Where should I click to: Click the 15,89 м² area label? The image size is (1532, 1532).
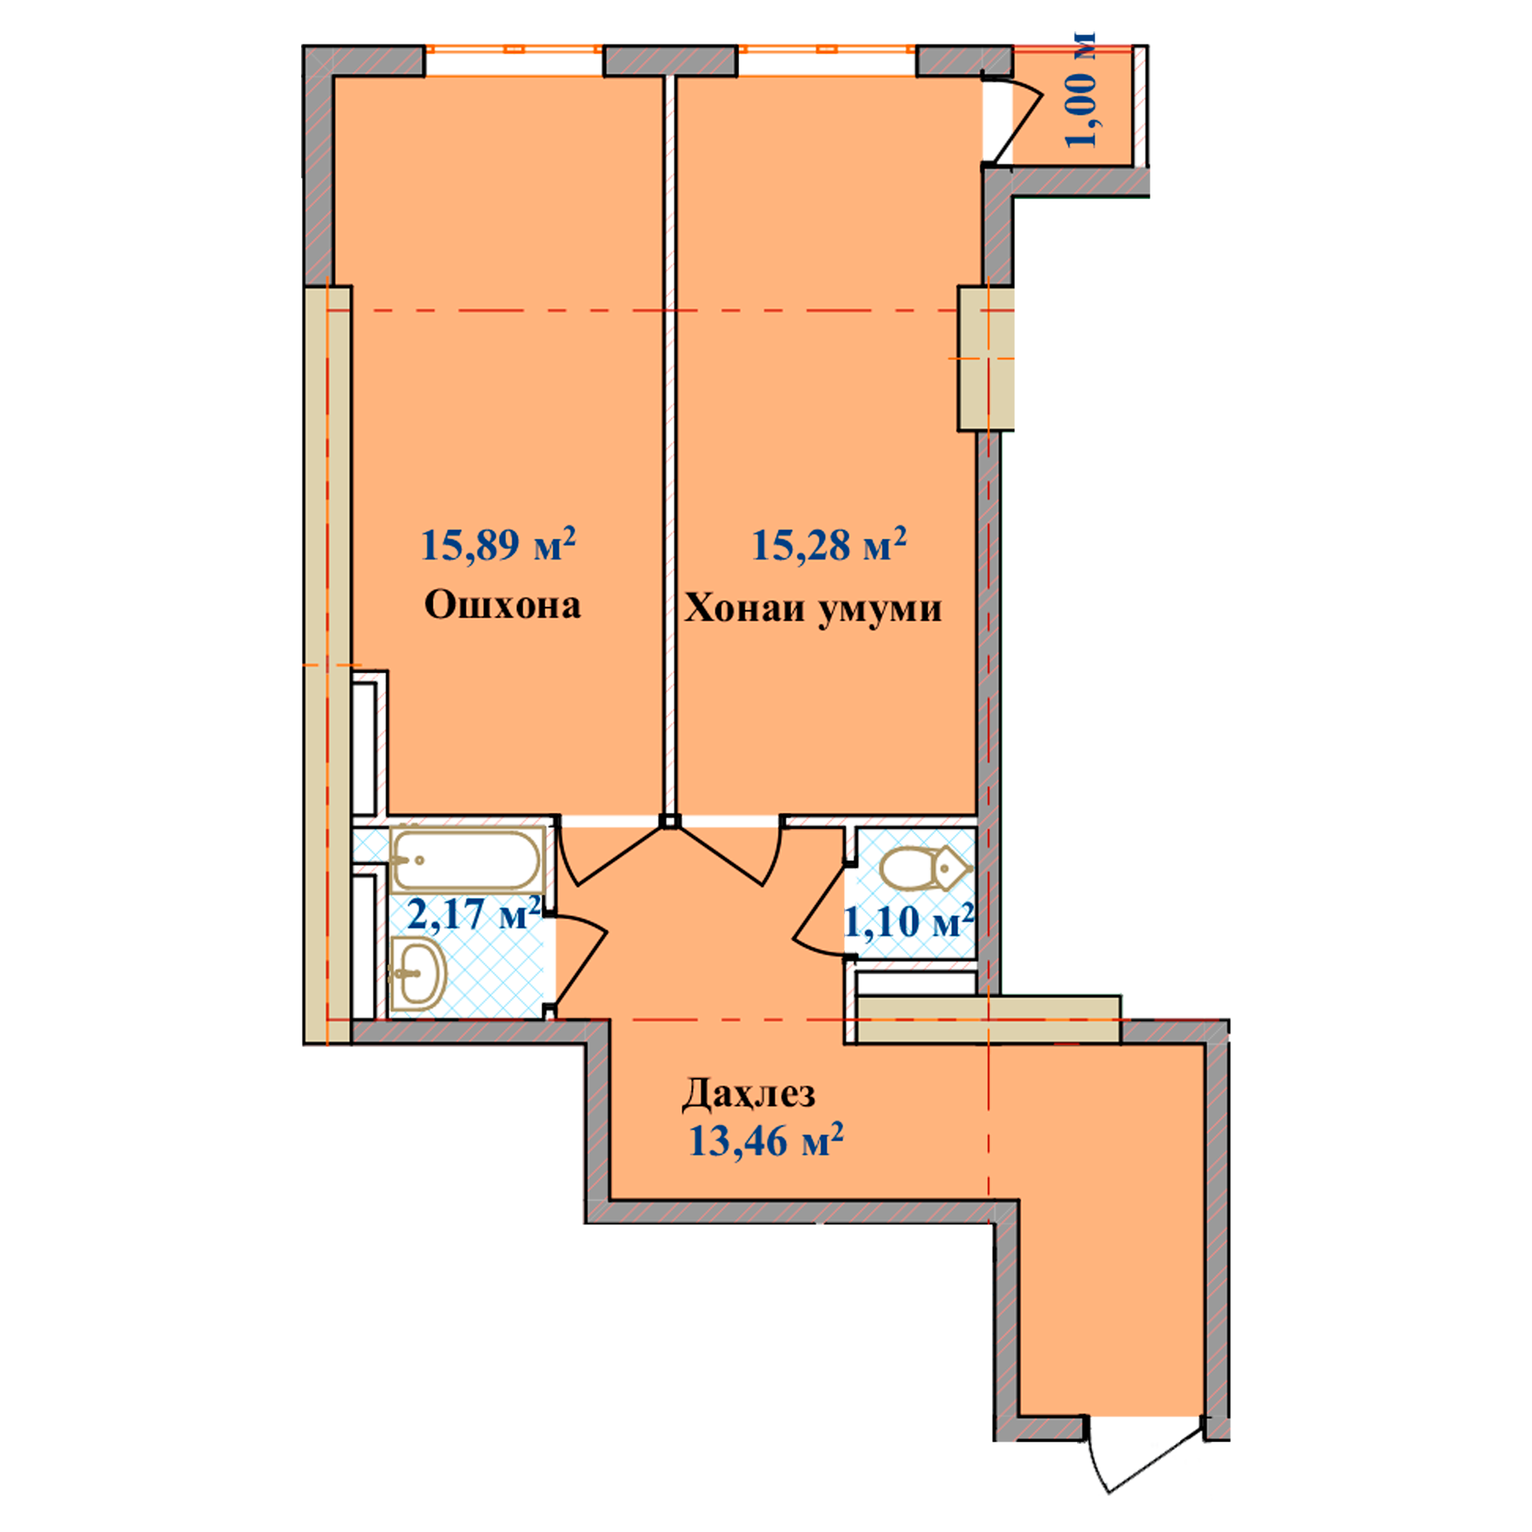[x=498, y=544]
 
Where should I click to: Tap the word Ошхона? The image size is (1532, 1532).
[x=502, y=606]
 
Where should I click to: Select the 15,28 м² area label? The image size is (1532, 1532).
[x=829, y=544]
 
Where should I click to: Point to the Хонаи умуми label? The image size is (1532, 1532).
[x=813, y=609]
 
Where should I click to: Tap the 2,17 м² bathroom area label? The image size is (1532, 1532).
[x=474, y=914]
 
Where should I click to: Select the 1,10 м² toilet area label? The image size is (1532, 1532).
[x=908, y=921]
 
